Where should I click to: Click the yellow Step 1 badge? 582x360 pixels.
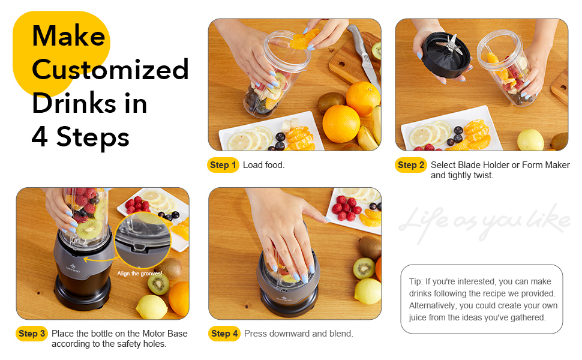pos(223,165)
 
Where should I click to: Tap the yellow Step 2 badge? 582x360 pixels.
pos(410,165)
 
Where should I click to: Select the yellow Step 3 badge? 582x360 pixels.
pos(31,334)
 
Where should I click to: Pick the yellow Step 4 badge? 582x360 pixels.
pos(224,334)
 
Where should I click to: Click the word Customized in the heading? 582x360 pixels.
pos(110,70)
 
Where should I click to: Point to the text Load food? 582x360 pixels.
pos(263,165)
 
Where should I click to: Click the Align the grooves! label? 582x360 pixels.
pos(140,274)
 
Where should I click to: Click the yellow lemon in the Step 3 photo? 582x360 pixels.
pos(151,307)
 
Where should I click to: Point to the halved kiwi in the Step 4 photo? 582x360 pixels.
pos(364,268)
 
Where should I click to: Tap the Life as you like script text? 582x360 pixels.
pos(484,221)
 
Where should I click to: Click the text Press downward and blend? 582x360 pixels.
pos(298,334)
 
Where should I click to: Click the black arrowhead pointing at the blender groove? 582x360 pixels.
pos(86,260)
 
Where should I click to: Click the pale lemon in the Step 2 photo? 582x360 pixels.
pos(530,140)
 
